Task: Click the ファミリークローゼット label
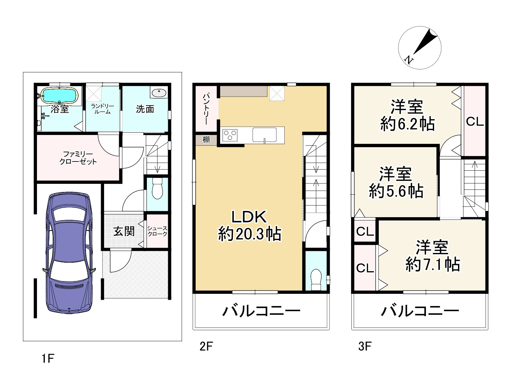pos(78,158)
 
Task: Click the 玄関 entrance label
pos(124,231)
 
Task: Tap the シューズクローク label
pos(157,231)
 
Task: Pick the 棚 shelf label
pos(206,140)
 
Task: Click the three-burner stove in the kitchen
pos(230,135)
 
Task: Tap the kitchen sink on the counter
pos(264,135)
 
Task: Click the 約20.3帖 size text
pos(250,234)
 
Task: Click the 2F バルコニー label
pos(261,311)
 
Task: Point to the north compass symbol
pos(420,47)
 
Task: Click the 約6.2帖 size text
pos(407,124)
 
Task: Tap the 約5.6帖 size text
pos(396,191)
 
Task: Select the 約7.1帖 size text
pos(433,264)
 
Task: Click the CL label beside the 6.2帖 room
pos(474,122)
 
